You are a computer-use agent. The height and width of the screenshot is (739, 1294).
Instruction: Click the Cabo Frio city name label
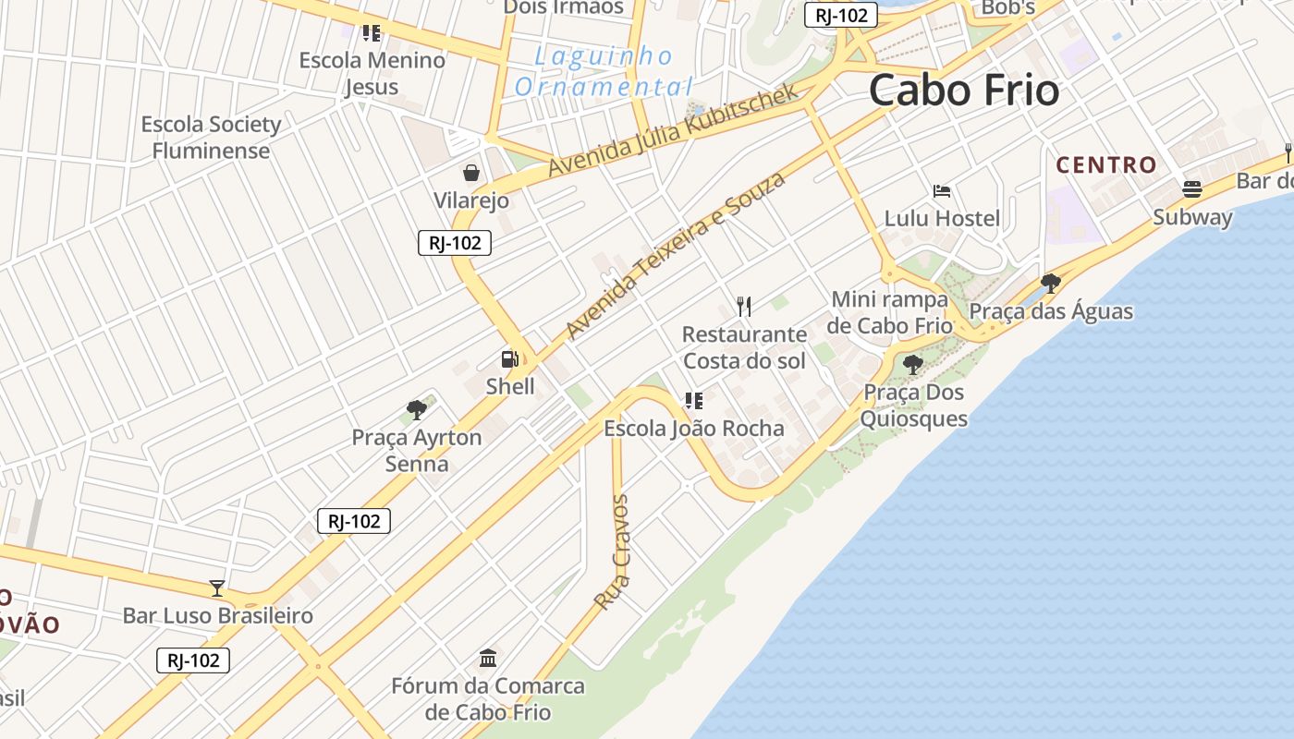(x=964, y=91)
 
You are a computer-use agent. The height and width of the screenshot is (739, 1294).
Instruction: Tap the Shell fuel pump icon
(x=509, y=359)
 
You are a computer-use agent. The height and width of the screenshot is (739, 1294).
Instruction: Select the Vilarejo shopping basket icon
(x=471, y=173)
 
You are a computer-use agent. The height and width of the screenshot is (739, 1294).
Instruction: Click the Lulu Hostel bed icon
(x=942, y=191)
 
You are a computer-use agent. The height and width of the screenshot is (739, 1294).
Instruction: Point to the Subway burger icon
(x=1192, y=189)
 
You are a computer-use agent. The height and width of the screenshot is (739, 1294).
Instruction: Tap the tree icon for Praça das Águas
(x=1050, y=283)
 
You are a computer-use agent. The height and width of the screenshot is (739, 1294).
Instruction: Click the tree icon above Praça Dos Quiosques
(x=913, y=364)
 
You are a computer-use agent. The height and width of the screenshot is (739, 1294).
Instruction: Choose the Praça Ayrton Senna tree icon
(x=417, y=409)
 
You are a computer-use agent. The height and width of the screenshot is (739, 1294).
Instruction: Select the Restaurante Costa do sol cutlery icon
(x=744, y=306)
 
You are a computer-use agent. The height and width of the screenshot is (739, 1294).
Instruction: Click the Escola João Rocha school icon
(x=694, y=401)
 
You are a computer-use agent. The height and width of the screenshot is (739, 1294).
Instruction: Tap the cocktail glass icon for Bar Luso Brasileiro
(x=217, y=588)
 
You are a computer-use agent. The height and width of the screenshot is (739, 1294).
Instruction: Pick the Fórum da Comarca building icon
(x=488, y=659)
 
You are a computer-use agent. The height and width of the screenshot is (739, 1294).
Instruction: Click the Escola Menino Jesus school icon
(x=372, y=33)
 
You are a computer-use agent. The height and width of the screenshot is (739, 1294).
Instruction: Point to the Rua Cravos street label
(x=612, y=552)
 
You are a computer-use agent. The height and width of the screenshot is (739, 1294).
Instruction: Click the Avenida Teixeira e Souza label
(x=675, y=254)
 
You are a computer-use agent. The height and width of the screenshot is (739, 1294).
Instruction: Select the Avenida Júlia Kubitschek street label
(x=672, y=130)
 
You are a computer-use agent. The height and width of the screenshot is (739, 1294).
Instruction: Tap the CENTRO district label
(x=1106, y=165)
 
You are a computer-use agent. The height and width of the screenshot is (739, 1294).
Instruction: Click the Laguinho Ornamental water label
(x=604, y=72)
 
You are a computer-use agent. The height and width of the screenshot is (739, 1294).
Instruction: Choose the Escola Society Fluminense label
(x=211, y=138)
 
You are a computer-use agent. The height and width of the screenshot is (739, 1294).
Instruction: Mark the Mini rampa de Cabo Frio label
(x=890, y=312)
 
